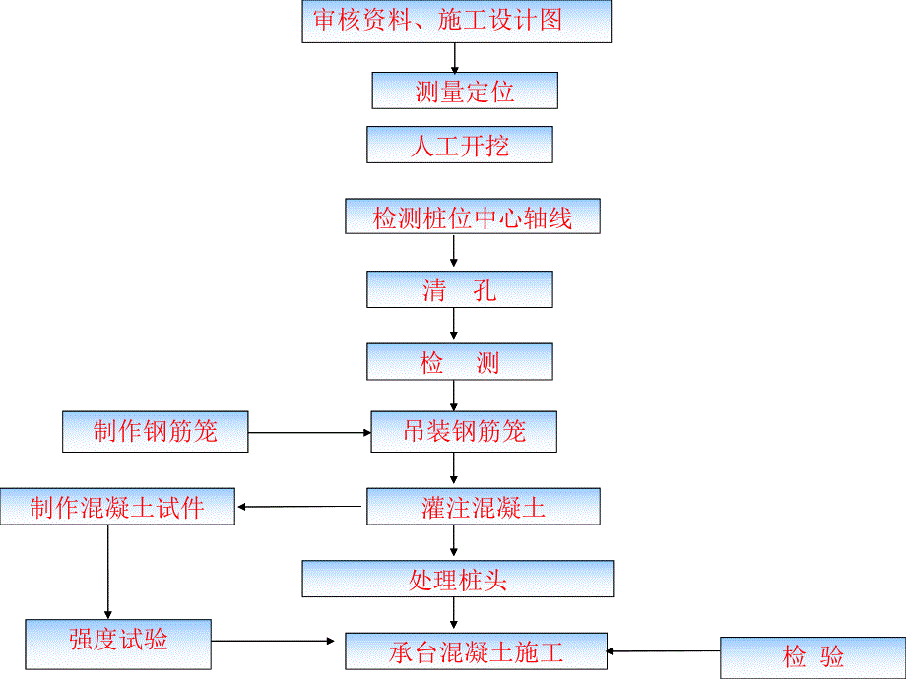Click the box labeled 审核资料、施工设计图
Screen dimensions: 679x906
(456, 22)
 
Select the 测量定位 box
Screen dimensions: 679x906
(465, 91)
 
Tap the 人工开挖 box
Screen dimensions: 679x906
(459, 145)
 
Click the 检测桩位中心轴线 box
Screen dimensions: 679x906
(473, 216)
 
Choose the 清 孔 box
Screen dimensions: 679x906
(459, 289)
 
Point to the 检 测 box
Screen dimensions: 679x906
(459, 361)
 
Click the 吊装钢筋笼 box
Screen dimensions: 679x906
(464, 432)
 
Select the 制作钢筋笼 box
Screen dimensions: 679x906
(155, 432)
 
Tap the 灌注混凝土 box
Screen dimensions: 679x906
(483, 507)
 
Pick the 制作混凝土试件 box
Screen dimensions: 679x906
(117, 507)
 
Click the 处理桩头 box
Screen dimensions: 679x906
(457, 579)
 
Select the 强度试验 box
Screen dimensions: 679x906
(118, 641)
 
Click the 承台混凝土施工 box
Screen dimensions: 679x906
(476, 650)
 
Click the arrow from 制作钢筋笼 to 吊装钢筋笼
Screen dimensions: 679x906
(308, 432)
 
